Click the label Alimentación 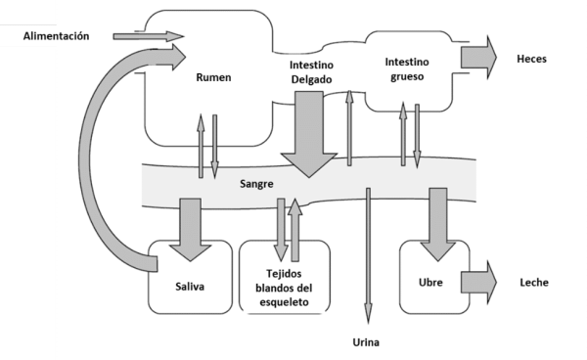pos(58,36)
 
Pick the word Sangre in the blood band pos(256,184)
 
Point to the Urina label pos(367,342)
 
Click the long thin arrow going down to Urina pos(369,254)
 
